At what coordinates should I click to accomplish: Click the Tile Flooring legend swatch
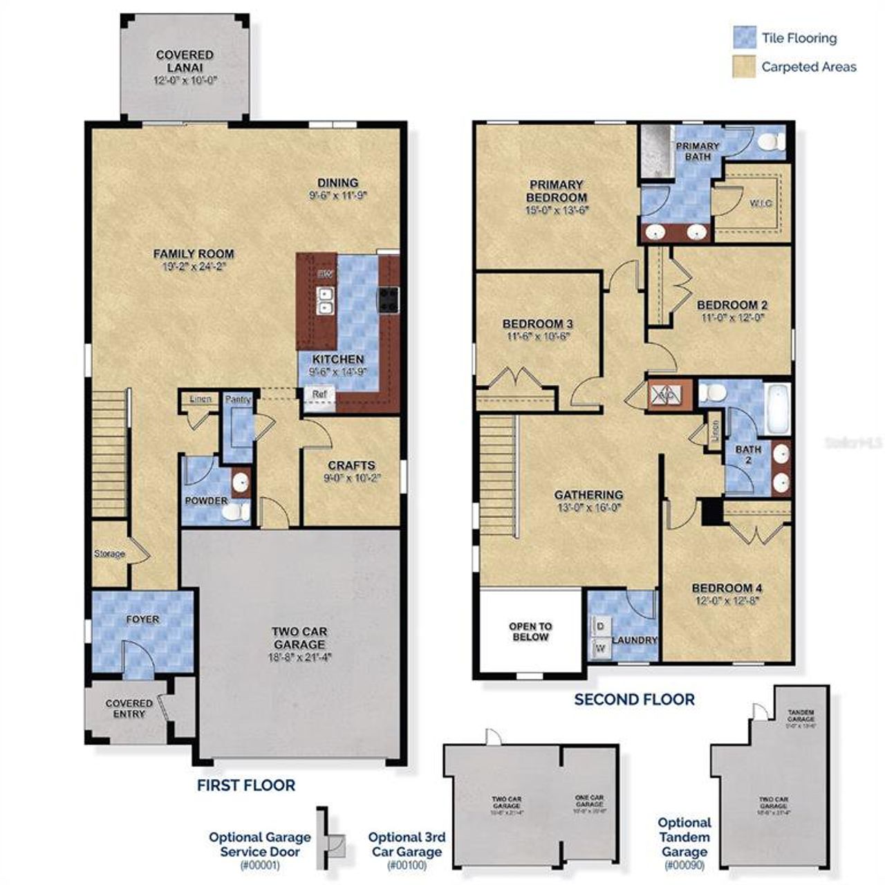745,38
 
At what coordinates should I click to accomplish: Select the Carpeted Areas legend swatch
745,66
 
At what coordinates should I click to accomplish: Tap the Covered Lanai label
185,61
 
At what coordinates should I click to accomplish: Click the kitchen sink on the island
324,301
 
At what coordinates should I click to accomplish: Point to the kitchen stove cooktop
388,299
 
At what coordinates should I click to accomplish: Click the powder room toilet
236,512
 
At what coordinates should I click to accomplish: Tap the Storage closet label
109,554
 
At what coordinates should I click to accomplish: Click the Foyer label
142,619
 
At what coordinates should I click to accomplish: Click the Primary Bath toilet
770,142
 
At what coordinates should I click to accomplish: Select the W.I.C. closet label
761,203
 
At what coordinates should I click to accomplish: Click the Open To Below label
530,631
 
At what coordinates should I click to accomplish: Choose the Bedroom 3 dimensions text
537,337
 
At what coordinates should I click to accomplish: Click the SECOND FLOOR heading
634,699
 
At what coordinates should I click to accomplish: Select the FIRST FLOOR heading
246,785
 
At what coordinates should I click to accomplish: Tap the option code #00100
407,865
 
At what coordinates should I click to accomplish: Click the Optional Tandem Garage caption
684,837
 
